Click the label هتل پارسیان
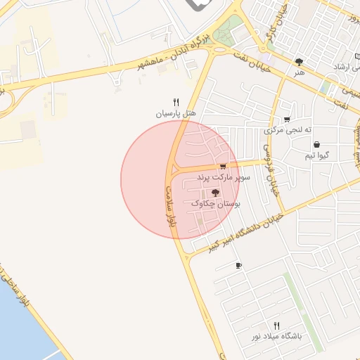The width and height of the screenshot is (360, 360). tap(176, 113)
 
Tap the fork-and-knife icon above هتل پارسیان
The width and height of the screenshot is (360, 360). tap(176, 102)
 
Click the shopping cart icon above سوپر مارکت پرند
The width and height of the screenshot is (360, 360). tap(223, 167)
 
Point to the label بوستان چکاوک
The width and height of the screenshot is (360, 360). tap(216, 202)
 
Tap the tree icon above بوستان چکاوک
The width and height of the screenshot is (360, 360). tap(215, 192)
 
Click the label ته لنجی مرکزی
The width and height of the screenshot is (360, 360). tap(287, 130)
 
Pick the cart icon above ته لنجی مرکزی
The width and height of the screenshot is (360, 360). tap(287, 120)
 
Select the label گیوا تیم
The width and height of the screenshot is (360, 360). tap(318, 155)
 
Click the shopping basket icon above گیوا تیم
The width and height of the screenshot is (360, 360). tap(318, 143)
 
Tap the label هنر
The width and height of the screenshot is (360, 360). tap(300, 72)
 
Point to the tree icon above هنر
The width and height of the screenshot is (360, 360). tap(300, 62)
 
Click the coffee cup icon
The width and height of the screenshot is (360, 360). tap(238, 266)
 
